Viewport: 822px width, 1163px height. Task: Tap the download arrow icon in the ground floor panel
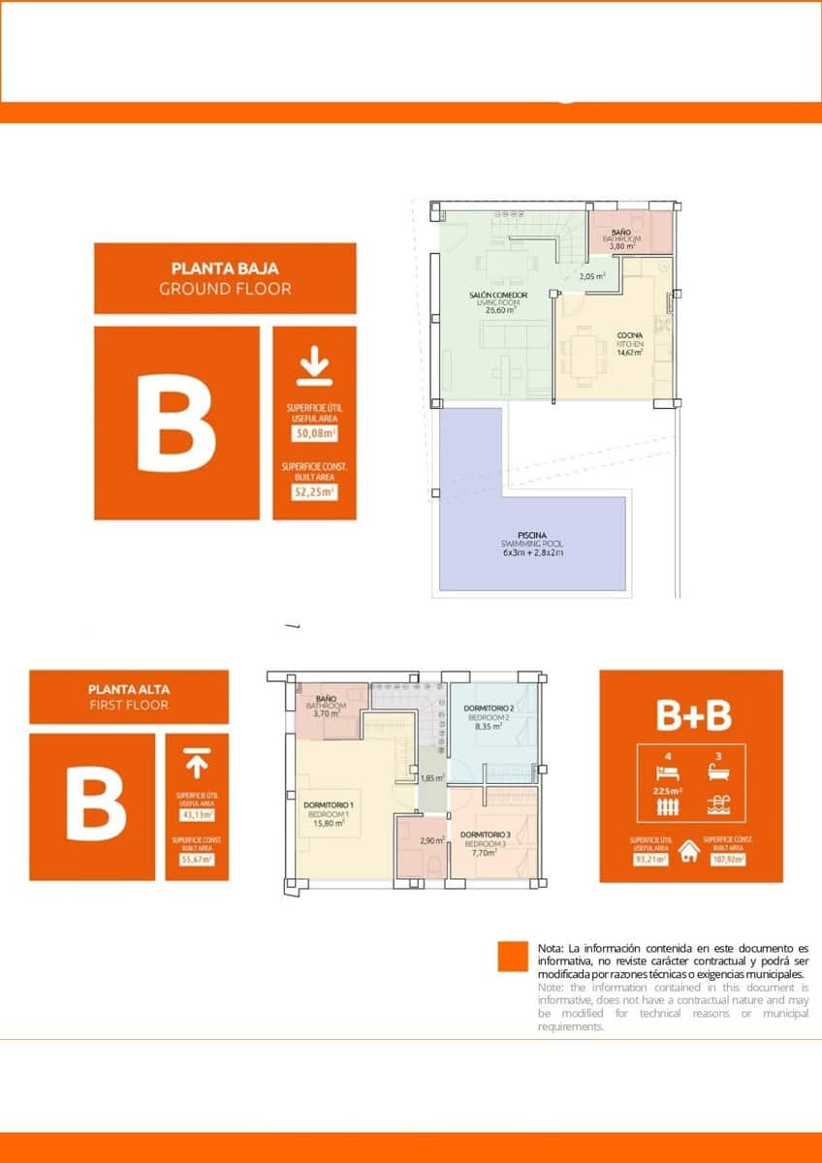pyautogui.click(x=313, y=368)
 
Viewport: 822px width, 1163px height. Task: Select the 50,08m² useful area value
pyautogui.click(x=314, y=434)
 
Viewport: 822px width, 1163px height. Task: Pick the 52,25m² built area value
pyautogui.click(x=314, y=491)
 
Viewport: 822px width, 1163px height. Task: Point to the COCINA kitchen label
pyautogui.click(x=630, y=336)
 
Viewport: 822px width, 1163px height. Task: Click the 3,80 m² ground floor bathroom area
pyautogui.click(x=621, y=246)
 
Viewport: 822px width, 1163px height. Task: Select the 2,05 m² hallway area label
pyautogui.click(x=592, y=276)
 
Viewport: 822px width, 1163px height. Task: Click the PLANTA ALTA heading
pyautogui.click(x=128, y=690)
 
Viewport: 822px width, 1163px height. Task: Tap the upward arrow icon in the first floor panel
pyautogui.click(x=196, y=765)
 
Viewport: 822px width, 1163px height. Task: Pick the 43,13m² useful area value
pyautogui.click(x=197, y=813)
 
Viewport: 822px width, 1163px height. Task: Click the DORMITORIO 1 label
pyautogui.click(x=329, y=805)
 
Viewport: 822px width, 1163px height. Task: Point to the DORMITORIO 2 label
pyautogui.click(x=489, y=708)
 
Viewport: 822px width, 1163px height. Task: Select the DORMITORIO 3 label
pyautogui.click(x=485, y=834)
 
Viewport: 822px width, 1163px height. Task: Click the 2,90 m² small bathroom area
pyautogui.click(x=432, y=841)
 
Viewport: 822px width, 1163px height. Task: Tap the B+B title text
pyautogui.click(x=693, y=715)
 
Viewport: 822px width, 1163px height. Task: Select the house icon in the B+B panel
pyautogui.click(x=690, y=850)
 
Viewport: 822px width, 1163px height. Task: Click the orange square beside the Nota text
pyautogui.click(x=512, y=957)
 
